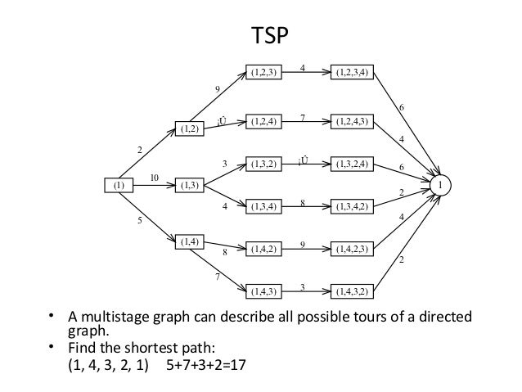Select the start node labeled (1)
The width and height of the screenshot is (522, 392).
point(119,186)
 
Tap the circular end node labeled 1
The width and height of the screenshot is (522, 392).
point(441,187)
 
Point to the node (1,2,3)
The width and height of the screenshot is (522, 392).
point(265,73)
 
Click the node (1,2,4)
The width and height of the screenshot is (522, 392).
point(265,122)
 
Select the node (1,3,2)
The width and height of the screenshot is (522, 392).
point(265,164)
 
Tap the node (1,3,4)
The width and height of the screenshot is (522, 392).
point(265,205)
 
